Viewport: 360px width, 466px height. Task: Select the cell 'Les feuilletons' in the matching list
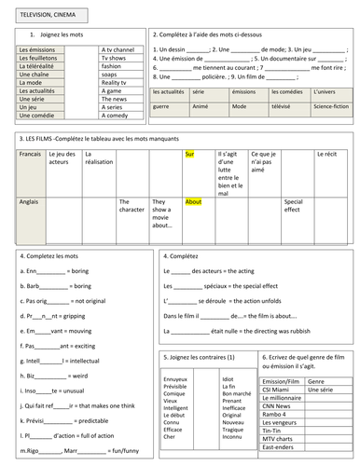click(x=38, y=58)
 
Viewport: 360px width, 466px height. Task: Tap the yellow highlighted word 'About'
click(x=194, y=201)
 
